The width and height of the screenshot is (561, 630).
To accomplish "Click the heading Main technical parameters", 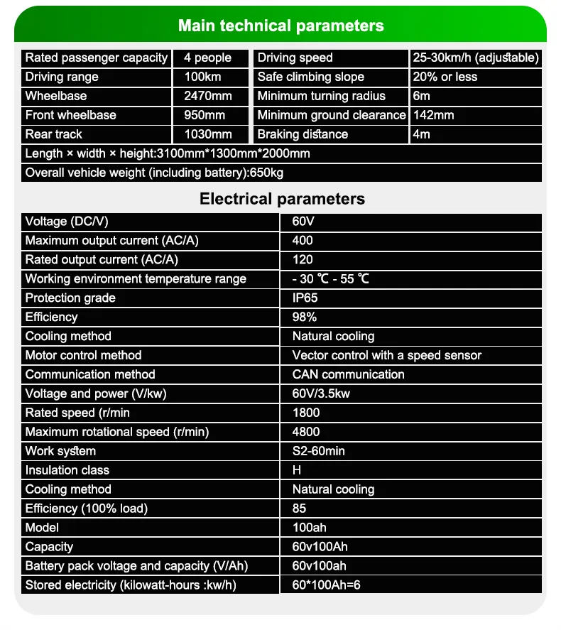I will pos(280,26).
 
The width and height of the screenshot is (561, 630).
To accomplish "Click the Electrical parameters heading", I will pos(282,199).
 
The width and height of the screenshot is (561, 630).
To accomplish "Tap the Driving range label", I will pos(62,77).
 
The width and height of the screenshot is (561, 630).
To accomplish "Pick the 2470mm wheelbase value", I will pos(208,97).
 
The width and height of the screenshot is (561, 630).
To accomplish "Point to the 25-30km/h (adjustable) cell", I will pos(475,58).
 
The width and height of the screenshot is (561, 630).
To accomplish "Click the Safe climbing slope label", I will pos(310,77).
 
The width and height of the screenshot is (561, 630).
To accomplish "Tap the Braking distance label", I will pos(303,135).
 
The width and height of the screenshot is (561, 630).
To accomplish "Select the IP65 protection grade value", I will pos(305,298).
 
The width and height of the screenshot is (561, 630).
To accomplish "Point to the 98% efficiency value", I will pos(305,317).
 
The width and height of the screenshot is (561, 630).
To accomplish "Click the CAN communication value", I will pos(348,375).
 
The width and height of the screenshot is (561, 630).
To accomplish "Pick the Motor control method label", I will pos(83,356).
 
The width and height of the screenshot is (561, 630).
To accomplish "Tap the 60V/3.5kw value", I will pos(320,394).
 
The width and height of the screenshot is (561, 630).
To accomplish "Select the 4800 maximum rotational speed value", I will pos(306,433).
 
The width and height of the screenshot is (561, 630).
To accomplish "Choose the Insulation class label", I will pos(67,471).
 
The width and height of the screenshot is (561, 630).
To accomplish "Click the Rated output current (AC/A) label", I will pos(102,260).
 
